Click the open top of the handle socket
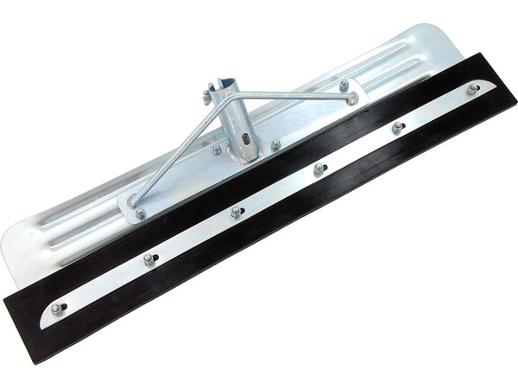tap(229, 84)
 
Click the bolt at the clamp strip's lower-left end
tap(59, 308)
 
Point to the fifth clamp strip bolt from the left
tap(397, 126)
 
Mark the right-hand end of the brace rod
tap(352, 99)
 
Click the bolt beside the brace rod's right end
tap(343, 84)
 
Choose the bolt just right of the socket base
tap(275, 143)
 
